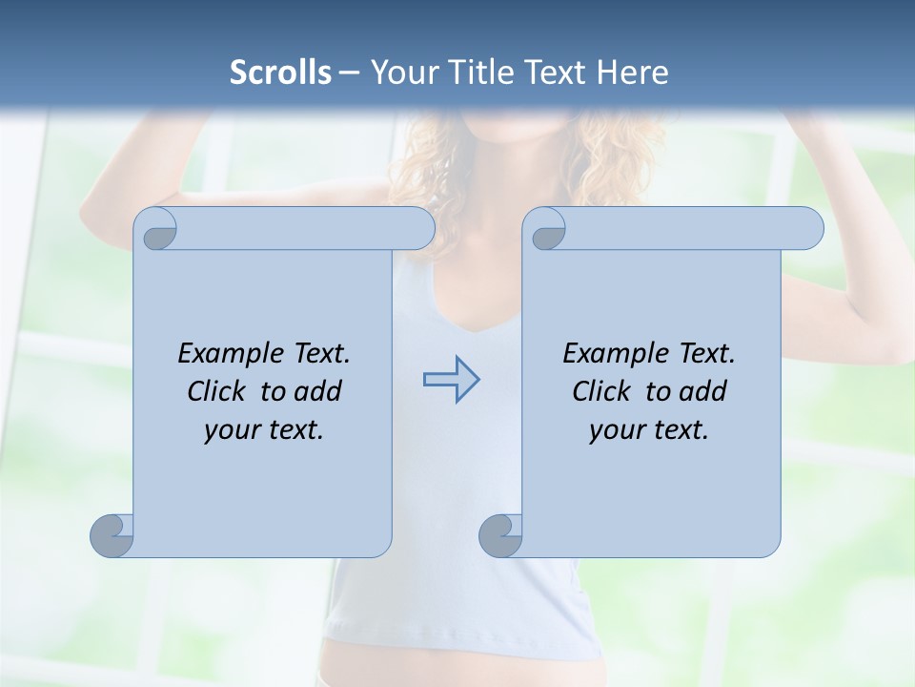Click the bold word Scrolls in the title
tap(280, 73)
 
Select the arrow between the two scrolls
tap(451, 380)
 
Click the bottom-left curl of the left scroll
tap(112, 536)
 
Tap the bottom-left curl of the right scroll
tap(500, 536)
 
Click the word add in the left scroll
tap(318, 392)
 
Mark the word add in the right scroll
tap(703, 392)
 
